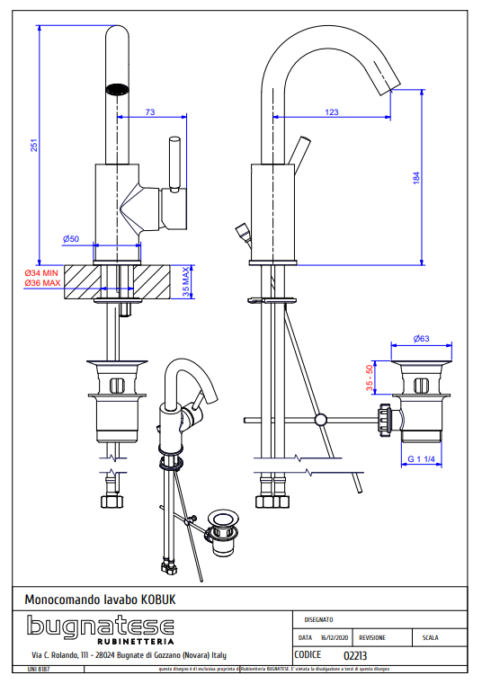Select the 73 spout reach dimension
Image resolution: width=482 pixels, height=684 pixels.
click(149, 111)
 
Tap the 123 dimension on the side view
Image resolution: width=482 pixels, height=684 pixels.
click(332, 111)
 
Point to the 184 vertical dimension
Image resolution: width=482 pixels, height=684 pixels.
click(415, 178)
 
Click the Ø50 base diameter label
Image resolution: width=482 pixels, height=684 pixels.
click(72, 238)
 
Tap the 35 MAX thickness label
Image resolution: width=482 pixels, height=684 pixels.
click(186, 281)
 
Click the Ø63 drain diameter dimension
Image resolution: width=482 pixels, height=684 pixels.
click(421, 339)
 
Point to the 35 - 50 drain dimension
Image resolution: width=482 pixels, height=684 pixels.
click(370, 378)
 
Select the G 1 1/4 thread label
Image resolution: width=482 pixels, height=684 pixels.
click(421, 459)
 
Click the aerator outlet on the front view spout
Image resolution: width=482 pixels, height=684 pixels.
click(118, 89)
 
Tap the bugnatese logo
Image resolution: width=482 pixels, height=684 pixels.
click(100, 625)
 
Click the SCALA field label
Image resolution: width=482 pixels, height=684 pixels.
click(430, 637)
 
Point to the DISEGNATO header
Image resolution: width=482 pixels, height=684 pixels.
click(318, 618)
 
